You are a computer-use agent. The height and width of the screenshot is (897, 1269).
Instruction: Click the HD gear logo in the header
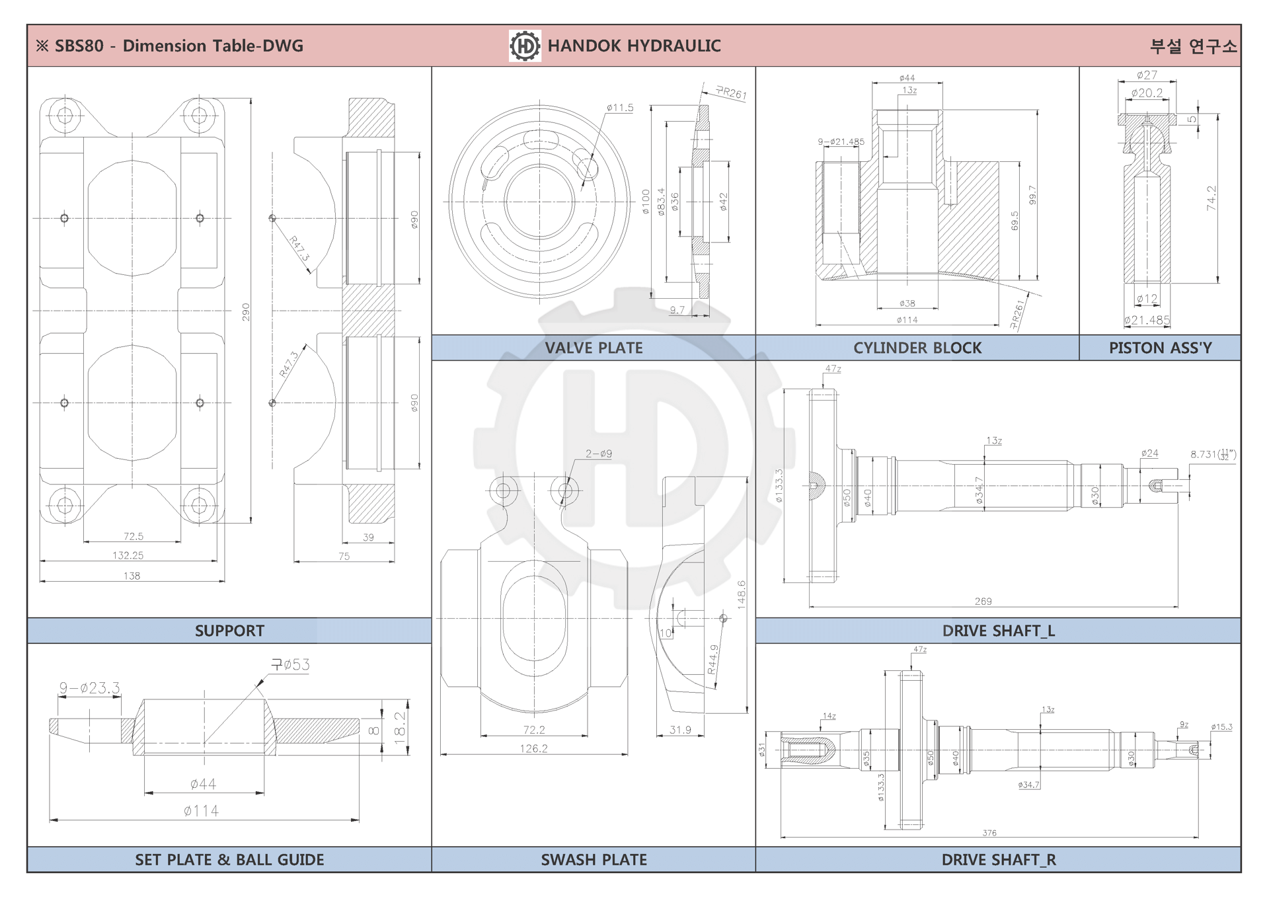[x=525, y=46]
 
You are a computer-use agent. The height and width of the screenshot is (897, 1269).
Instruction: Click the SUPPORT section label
[x=229, y=631]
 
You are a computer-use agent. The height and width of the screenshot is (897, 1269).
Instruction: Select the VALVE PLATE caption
[x=594, y=348]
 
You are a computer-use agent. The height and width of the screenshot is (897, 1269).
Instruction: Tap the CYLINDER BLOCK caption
[x=917, y=348]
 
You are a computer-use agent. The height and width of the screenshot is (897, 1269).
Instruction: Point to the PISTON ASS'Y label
[x=1160, y=348]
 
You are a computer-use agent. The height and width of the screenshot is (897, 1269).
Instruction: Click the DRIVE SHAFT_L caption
[x=998, y=631]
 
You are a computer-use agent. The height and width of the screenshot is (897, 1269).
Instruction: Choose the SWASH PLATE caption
[x=594, y=859]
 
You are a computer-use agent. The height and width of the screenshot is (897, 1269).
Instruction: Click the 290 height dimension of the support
[x=246, y=312]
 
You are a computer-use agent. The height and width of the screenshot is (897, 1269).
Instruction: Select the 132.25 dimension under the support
[x=128, y=555]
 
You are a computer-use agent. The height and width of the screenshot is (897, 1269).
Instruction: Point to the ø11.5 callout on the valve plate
[x=620, y=108]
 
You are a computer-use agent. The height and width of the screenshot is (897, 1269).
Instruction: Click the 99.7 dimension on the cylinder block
[x=1032, y=195]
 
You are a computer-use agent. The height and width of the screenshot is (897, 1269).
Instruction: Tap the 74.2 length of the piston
[x=1211, y=198]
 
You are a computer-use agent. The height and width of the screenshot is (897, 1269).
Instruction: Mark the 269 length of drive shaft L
[x=983, y=601]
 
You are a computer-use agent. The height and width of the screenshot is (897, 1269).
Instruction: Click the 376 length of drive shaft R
[x=989, y=833]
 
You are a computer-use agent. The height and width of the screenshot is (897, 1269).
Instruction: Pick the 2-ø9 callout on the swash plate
[x=598, y=453]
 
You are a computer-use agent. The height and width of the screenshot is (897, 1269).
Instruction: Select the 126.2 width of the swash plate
[x=533, y=748]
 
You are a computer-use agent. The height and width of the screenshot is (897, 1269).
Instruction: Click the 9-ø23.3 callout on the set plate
[x=90, y=688]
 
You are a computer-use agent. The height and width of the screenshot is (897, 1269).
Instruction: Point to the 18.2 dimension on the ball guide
[x=400, y=728]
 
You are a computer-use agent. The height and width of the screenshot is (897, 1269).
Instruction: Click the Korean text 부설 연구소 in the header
[x=1193, y=46]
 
